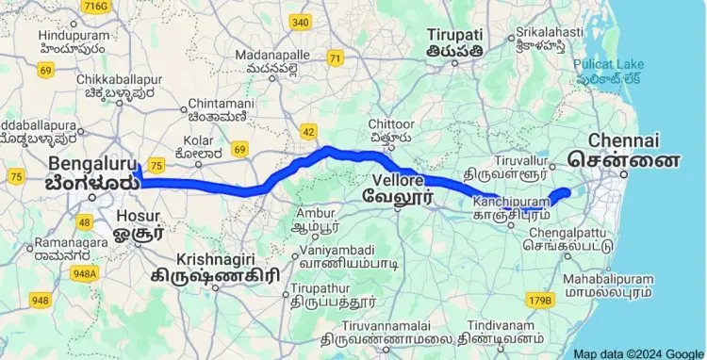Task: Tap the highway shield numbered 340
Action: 301,22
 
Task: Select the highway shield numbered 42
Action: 309,131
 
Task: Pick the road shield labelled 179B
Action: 538,300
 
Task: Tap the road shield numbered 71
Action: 335,58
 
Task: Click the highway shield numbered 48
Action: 86,222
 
